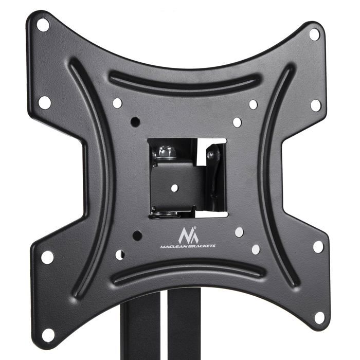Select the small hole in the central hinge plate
174,188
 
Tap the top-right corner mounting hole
314,34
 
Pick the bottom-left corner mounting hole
47,334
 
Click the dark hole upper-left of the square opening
135,122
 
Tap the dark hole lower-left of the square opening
137,236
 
